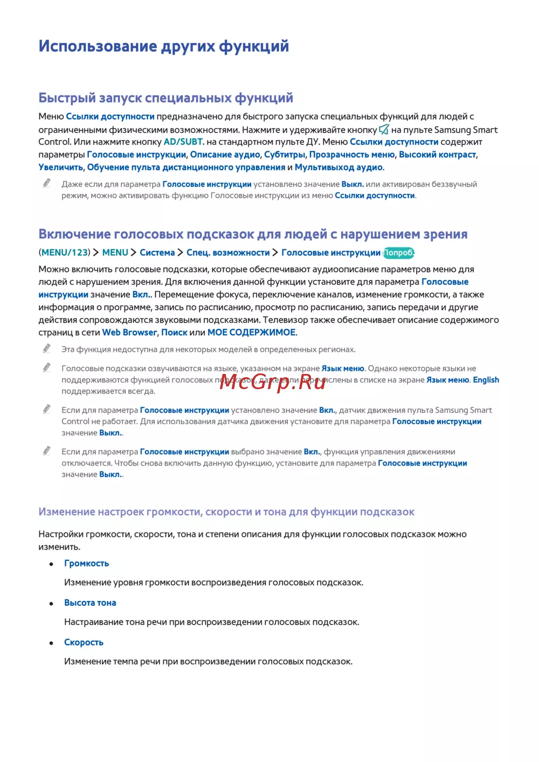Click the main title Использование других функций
pyautogui.click(x=163, y=46)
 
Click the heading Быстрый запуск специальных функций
pyautogui.click(x=165, y=98)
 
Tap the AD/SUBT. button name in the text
pyautogui.click(x=183, y=142)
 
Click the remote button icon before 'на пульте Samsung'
pyautogui.click(x=384, y=129)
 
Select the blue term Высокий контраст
pyautogui.click(x=437, y=155)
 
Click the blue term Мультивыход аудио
pyautogui.click(x=338, y=167)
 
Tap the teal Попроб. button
pyautogui.click(x=398, y=252)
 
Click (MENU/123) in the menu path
pyautogui.click(x=64, y=252)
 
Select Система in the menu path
pyautogui.click(x=157, y=252)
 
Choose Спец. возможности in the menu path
pyautogui.click(x=227, y=252)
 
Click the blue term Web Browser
pyautogui.click(x=129, y=332)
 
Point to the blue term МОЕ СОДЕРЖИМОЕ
pyautogui.click(x=251, y=332)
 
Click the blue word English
pyautogui.click(x=486, y=380)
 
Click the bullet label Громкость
pyautogui.click(x=86, y=563)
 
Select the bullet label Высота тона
pyautogui.click(x=90, y=602)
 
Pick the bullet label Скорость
pyautogui.click(x=84, y=642)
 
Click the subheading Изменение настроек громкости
pyautogui.click(x=226, y=512)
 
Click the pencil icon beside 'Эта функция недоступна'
pyautogui.click(x=47, y=349)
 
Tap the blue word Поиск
pyautogui.click(x=174, y=332)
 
